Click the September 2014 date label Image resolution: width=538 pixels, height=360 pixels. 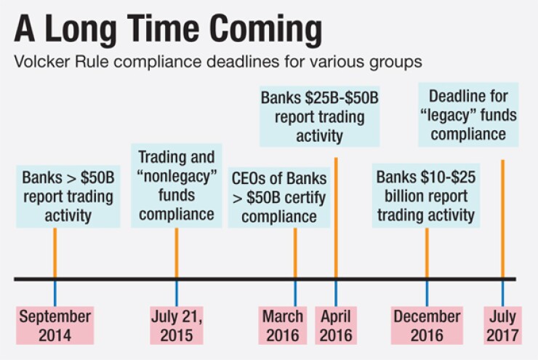pyautogui.click(x=55, y=325)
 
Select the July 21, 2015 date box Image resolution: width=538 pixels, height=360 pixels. pyautogui.click(x=177, y=325)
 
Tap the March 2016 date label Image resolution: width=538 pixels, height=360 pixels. pyautogui.click(x=282, y=325)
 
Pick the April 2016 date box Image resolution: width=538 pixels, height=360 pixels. pyautogui.click(x=336, y=325)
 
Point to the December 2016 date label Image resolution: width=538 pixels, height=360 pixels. pyautogui.click(x=427, y=325)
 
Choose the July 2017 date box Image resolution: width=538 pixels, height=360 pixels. pyautogui.click(x=502, y=325)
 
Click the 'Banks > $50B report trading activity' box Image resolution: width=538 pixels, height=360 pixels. pyautogui.click(x=68, y=196)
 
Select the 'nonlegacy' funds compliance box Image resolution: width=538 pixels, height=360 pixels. pyautogui.click(x=177, y=185)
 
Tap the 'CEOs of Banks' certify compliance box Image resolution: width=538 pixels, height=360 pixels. pyautogui.click(x=279, y=197)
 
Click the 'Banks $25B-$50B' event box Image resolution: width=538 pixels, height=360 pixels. pyautogui.click(x=319, y=116)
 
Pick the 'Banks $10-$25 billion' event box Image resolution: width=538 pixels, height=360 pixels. pyautogui.click(x=426, y=196)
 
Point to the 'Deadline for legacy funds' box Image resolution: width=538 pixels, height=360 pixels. pyautogui.click(x=468, y=115)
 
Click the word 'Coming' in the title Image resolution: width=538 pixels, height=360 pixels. pyautogui.click(x=265, y=31)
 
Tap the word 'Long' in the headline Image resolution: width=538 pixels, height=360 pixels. pyautogui.click(x=81, y=31)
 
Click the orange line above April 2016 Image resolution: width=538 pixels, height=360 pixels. pyautogui.click(x=336, y=217)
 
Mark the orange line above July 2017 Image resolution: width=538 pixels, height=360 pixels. pyautogui.click(x=502, y=219)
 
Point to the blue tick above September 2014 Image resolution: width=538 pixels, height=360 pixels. pyautogui.click(x=55, y=293)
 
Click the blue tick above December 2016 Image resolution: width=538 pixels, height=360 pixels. pyautogui.click(x=427, y=293)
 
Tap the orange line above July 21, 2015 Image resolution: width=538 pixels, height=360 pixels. pyautogui.click(x=177, y=252)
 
